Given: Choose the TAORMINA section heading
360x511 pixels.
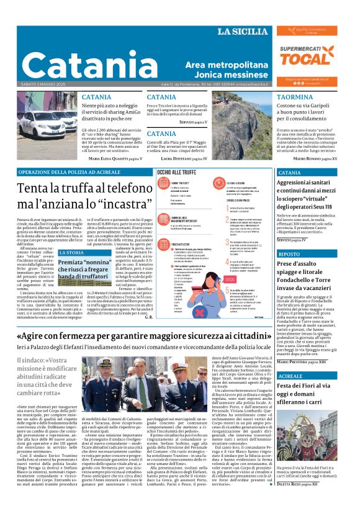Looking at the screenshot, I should pos(295,97).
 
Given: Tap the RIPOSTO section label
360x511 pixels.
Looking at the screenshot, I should pos(289,255).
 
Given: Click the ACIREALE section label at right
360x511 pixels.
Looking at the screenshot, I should pos(291,376).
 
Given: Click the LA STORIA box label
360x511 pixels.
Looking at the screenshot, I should pos(70,253).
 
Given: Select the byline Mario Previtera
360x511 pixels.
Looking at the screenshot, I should pos(307,361).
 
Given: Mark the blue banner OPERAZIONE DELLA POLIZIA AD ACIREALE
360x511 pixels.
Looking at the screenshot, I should pos(68,172).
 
